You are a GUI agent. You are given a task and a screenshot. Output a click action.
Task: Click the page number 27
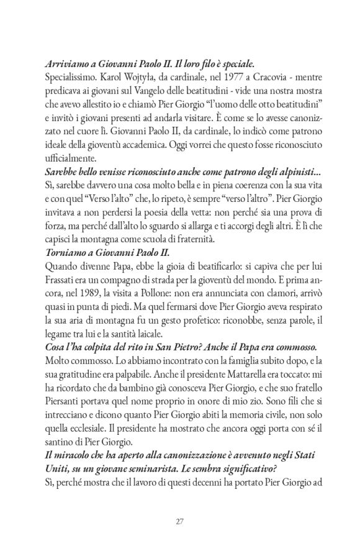click(x=180, y=521)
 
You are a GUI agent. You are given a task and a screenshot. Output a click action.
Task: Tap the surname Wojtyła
click(x=152, y=78)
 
